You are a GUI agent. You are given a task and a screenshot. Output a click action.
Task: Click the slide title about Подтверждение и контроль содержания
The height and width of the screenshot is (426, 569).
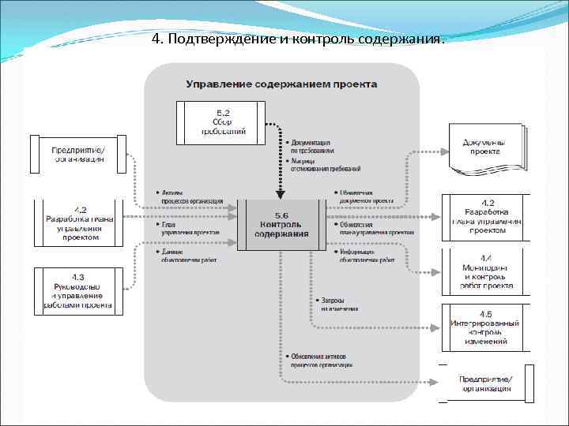[298, 39]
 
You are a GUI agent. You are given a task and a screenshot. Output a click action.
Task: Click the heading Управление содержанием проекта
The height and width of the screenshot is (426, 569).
[281, 84]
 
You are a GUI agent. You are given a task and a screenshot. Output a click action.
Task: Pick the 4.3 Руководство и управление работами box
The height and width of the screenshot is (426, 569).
[78, 290]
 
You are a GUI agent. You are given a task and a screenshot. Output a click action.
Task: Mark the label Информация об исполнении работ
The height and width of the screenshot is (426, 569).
[366, 255]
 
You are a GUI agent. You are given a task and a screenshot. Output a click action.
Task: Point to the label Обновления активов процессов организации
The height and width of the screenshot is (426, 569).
[321, 361]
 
